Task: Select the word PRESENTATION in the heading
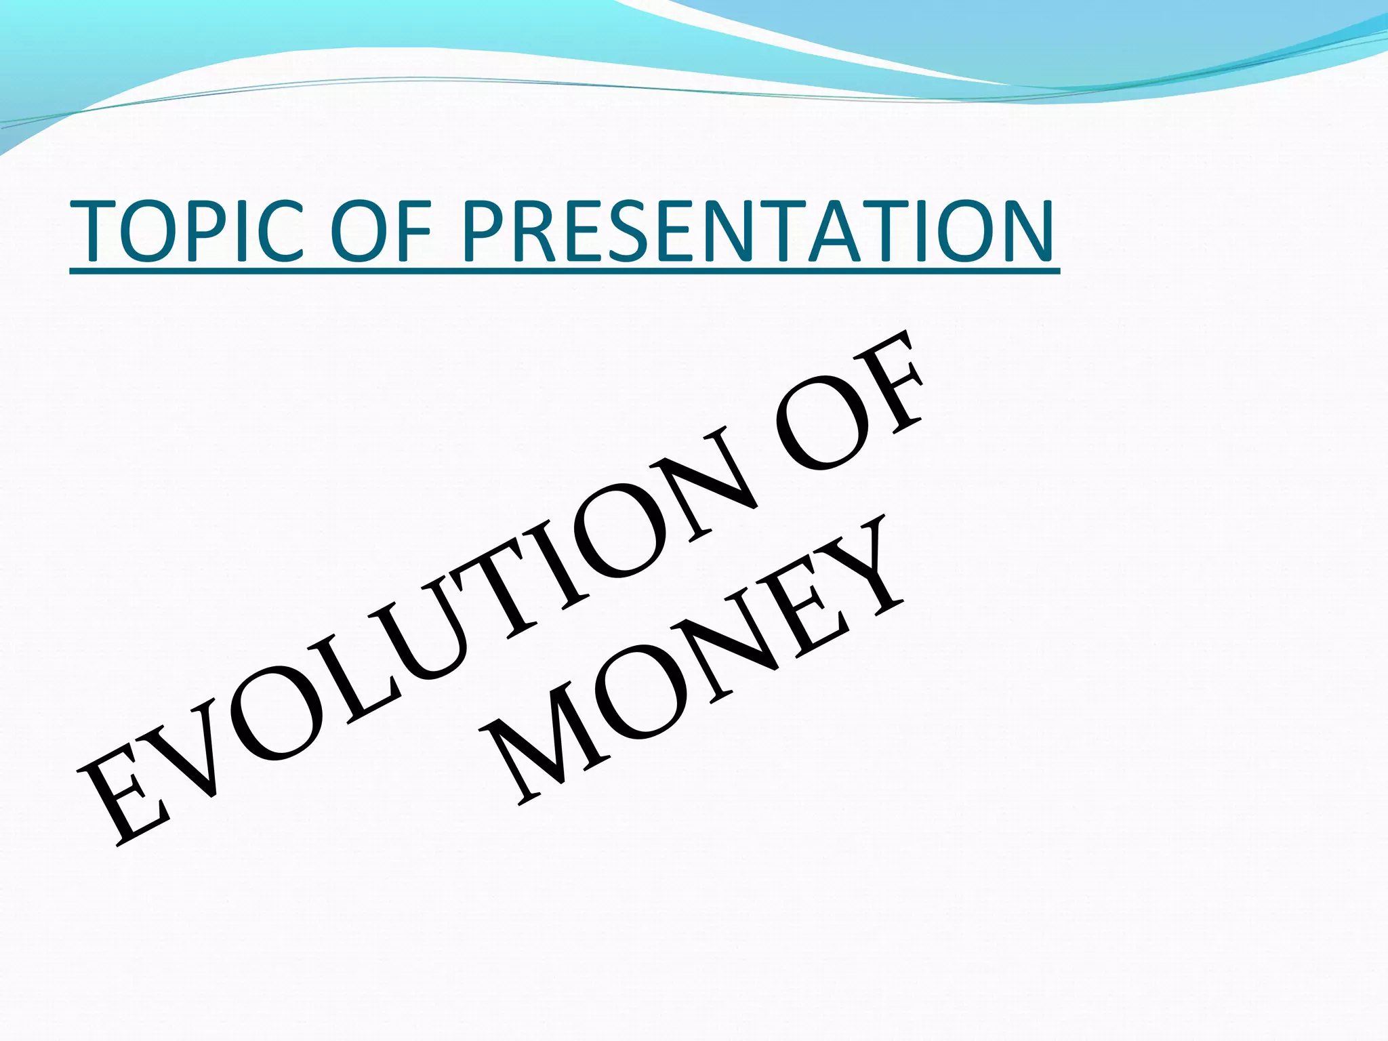(756, 231)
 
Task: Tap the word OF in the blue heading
(384, 231)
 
